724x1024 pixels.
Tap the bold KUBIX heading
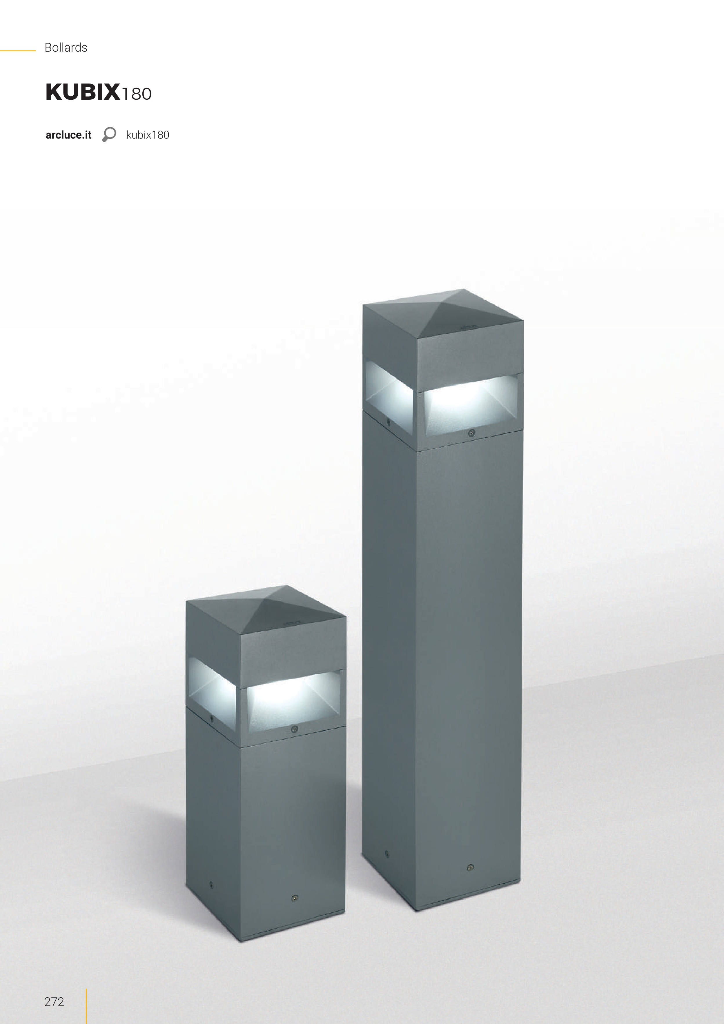pyautogui.click(x=83, y=92)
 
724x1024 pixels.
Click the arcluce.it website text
pyautogui.click(x=68, y=135)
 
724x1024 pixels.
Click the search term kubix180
pyautogui.click(x=148, y=135)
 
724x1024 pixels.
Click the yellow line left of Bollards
pyautogui.click(x=18, y=51)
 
